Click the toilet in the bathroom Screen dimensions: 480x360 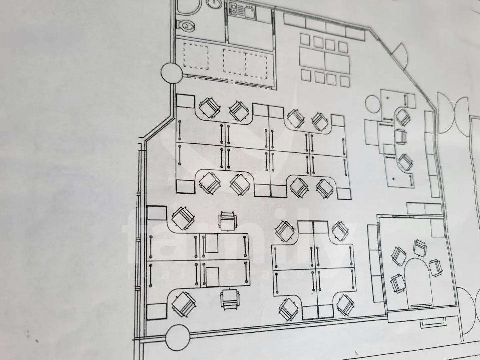186,26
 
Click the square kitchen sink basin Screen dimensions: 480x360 249,12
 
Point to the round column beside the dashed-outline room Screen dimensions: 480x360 172,73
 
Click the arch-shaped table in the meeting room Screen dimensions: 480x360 418,282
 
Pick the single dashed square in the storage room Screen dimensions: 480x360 196,56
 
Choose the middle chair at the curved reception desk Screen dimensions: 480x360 401,137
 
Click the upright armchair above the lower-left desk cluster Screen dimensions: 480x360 228,221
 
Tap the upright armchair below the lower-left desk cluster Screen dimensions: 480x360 230,299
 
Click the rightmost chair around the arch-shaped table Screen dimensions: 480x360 436,268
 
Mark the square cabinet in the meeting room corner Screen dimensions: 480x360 438,228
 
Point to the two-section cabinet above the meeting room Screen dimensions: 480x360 424,209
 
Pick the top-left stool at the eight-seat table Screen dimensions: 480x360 305,39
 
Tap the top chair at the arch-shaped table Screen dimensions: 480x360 420,248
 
